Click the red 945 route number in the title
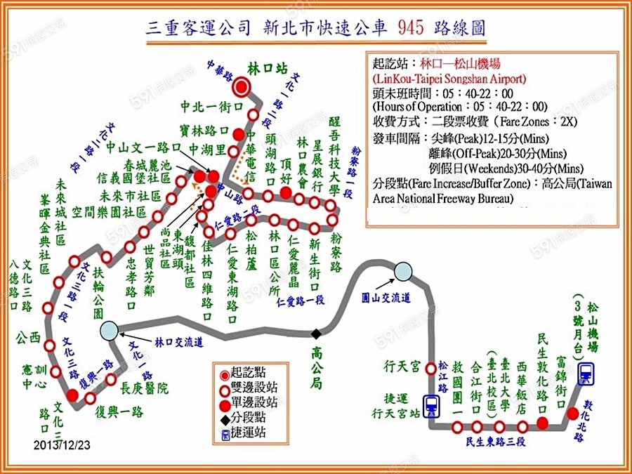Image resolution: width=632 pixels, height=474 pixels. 409,27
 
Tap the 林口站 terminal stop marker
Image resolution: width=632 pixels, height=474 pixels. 243,86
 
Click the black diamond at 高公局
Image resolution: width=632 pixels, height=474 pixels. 317,333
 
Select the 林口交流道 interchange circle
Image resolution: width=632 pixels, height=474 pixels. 109,329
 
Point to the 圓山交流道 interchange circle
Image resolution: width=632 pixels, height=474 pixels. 404,270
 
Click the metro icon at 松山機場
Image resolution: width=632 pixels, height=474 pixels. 585,374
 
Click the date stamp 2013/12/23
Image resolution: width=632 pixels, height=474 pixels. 62,445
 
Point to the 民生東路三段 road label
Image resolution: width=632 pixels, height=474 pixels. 496,442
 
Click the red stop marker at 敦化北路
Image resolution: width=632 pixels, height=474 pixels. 573,413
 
